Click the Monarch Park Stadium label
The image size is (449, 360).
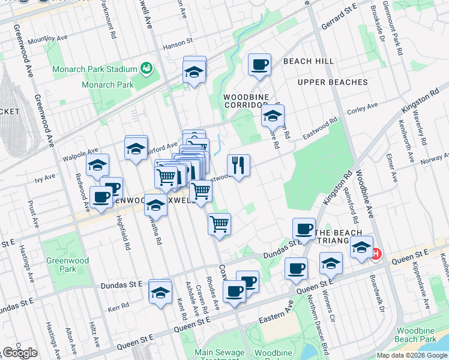[x=95, y=69]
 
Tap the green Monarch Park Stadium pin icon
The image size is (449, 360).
[x=146, y=68]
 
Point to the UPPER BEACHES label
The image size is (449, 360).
[x=333, y=82]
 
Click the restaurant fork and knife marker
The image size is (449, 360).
[x=238, y=165]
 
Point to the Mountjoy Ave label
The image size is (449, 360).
[x=45, y=40]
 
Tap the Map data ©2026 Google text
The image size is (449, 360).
[x=412, y=355]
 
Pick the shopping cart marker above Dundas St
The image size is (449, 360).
[x=219, y=224]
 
